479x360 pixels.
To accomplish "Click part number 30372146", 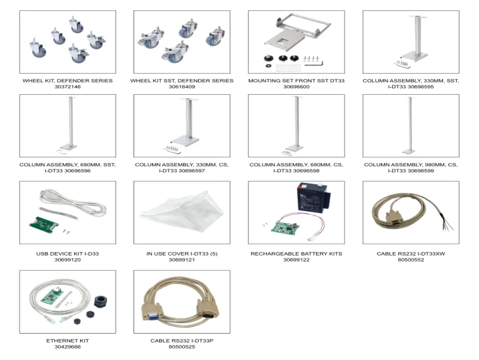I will (x=67, y=87).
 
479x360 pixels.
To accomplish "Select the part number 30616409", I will (x=181, y=87).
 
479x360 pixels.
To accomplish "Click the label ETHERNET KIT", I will (x=67, y=340).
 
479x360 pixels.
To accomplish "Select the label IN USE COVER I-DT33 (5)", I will (x=181, y=254).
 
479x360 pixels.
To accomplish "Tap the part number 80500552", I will (x=411, y=260).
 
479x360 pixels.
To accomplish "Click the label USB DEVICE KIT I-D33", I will (x=67, y=254).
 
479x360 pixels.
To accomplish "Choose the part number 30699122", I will (x=296, y=260).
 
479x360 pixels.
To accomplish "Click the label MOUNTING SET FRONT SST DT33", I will (x=296, y=80).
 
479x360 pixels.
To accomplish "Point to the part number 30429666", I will (x=67, y=347).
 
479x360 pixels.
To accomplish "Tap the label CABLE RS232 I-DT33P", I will (x=181, y=340).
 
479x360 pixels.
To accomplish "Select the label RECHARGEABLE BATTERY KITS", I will (x=296, y=254).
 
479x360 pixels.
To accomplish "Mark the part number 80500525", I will (x=181, y=347).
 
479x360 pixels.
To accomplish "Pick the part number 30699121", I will (x=181, y=260).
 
